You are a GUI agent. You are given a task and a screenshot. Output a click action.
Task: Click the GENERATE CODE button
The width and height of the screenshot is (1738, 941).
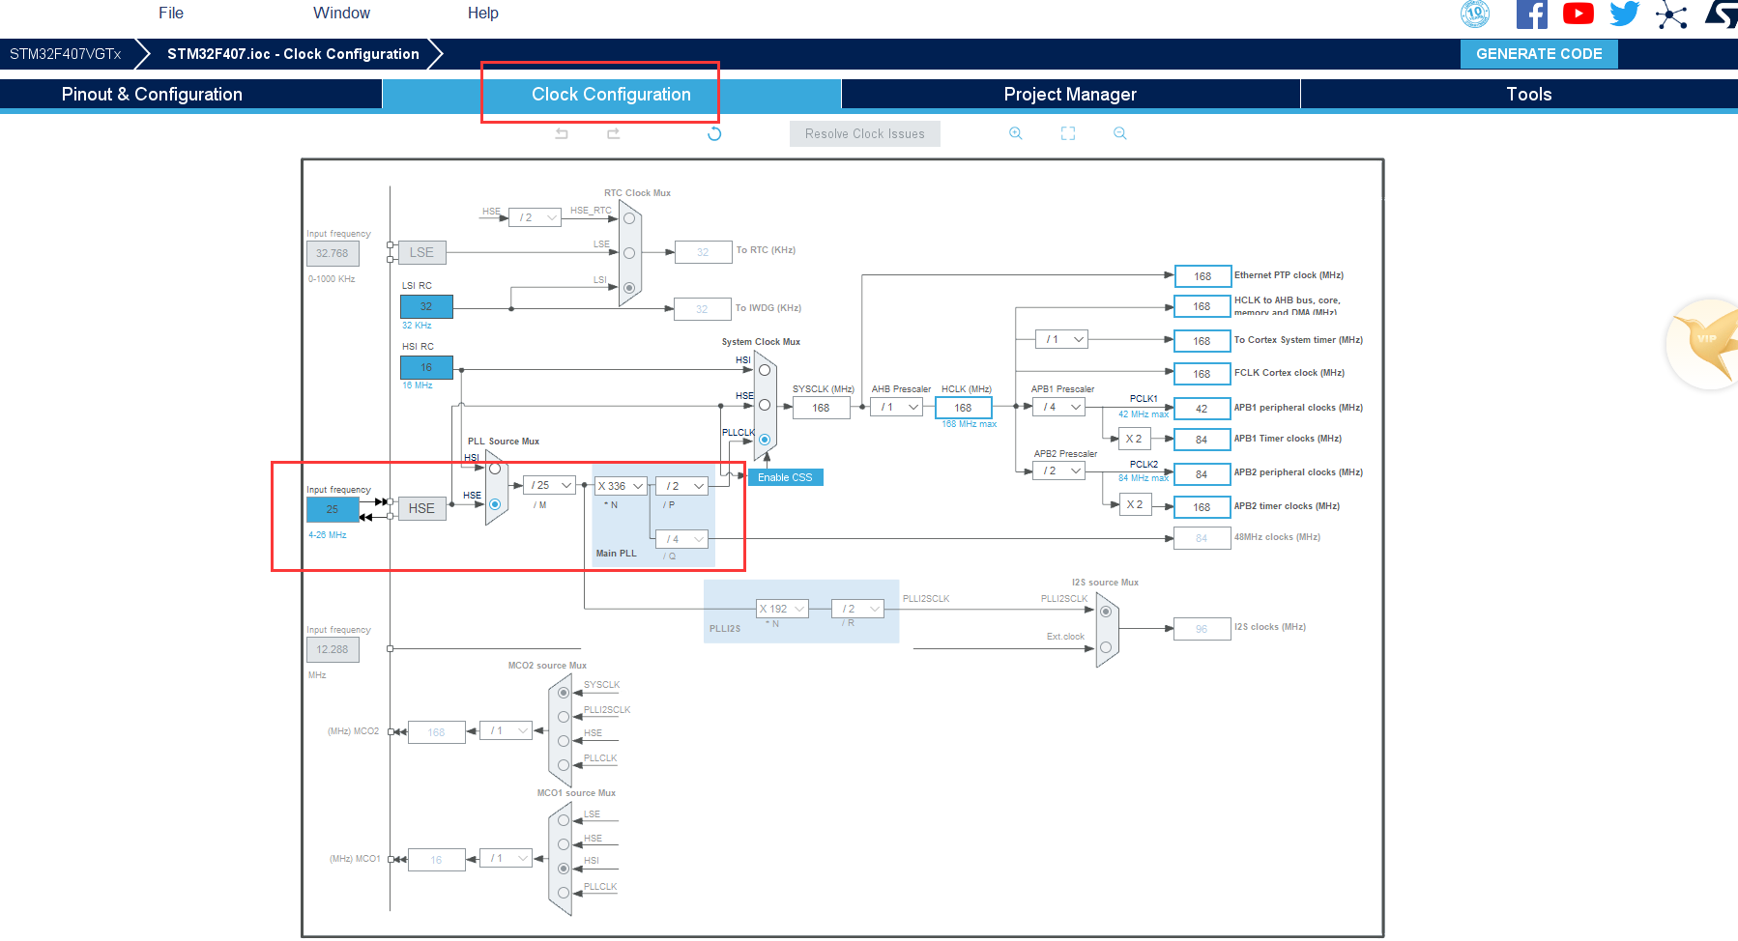point(1539,54)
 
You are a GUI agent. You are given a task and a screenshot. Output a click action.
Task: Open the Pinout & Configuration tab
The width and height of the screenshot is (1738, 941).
point(152,94)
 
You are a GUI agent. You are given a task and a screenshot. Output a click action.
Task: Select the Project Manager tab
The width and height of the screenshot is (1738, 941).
point(1070,94)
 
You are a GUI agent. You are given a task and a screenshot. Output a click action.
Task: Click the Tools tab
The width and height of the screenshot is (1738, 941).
point(1528,94)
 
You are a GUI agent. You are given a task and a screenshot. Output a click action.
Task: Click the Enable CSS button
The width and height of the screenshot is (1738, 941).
point(785,477)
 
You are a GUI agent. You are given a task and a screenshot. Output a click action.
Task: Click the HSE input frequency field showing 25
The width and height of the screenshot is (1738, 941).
point(332,509)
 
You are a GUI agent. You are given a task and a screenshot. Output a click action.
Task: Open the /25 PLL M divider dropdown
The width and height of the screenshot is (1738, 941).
point(552,485)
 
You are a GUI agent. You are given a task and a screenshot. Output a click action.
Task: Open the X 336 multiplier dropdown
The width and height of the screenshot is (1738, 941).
point(621,486)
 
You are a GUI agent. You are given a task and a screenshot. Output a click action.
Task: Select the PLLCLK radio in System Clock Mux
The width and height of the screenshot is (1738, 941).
point(765,440)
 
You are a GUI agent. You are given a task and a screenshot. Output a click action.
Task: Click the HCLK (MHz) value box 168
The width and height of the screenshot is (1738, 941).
point(963,408)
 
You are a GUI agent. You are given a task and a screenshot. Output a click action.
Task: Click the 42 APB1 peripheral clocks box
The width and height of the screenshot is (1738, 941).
point(1202,409)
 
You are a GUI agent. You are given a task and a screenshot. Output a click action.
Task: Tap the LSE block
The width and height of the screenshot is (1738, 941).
point(421,252)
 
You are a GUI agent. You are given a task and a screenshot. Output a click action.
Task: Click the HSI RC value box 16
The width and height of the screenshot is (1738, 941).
point(426,367)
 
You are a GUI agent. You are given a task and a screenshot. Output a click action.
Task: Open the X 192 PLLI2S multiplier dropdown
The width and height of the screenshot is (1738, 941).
point(781,609)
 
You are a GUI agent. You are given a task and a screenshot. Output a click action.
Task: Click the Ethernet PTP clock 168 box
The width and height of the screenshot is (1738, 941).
point(1202,276)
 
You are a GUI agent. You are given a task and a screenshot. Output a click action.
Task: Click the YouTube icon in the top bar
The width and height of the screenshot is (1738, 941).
point(1578,14)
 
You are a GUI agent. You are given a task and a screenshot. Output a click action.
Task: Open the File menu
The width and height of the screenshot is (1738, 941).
point(171,13)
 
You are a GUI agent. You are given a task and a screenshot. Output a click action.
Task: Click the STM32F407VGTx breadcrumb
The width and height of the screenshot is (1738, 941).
point(65,54)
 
